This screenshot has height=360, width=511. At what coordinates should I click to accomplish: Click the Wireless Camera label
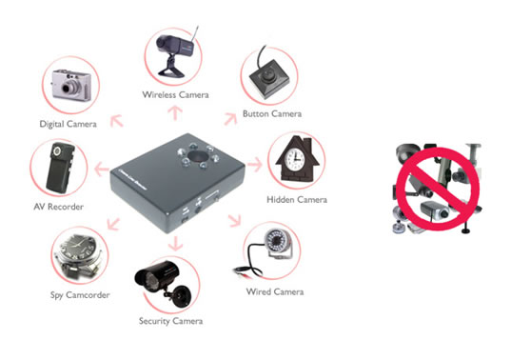pyautogui.click(x=175, y=95)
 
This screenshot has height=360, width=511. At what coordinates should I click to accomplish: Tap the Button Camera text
pyautogui.click(x=272, y=113)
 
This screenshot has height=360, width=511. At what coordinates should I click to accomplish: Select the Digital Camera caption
pyautogui.click(x=68, y=124)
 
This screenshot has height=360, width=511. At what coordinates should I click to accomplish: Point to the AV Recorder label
pyautogui.click(x=59, y=207)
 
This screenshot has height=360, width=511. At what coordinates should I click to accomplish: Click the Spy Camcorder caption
pyautogui.click(x=80, y=295)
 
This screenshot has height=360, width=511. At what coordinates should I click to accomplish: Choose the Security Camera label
pyautogui.click(x=170, y=321)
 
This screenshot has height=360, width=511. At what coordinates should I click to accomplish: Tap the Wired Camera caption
pyautogui.click(x=275, y=291)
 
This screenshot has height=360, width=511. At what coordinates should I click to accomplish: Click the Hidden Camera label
pyautogui.click(x=297, y=200)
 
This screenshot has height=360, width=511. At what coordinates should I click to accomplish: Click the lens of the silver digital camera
pyautogui.click(x=69, y=88)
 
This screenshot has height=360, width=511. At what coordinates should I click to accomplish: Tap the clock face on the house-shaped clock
pyautogui.click(x=295, y=158)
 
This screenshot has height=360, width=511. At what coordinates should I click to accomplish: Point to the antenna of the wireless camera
pyautogui.click(x=195, y=34)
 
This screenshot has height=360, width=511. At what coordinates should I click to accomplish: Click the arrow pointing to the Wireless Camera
pyautogui.click(x=175, y=113)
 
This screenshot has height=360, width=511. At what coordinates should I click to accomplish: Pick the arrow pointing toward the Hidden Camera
pyautogui.click(x=255, y=164)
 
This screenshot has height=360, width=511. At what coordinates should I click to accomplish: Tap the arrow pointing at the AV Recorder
pyautogui.click(x=102, y=169)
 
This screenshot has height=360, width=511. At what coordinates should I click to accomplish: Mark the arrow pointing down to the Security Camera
pyautogui.click(x=176, y=244)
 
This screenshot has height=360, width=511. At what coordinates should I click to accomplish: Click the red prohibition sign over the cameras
pyautogui.click(x=438, y=190)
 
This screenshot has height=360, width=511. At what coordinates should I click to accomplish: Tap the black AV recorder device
pyautogui.click(x=61, y=168)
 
